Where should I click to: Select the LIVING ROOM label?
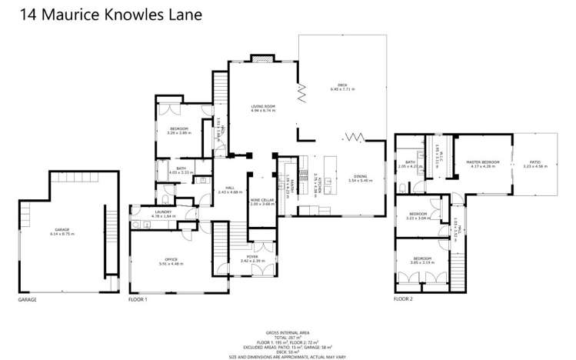click(263, 108)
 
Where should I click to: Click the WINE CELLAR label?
click(261, 202)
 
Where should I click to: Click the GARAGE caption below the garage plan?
click(27, 299)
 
